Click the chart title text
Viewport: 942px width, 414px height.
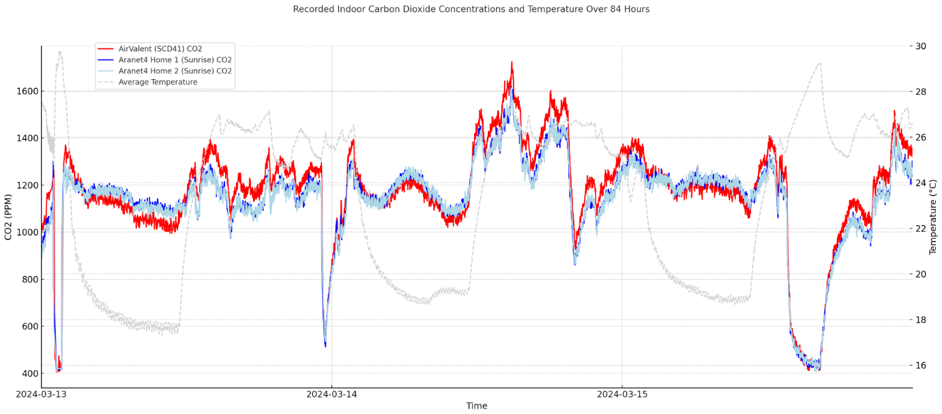[x=471, y=10]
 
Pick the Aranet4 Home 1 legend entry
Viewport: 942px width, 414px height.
[x=175, y=60]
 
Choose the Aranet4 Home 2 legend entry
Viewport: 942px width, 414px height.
[x=175, y=71]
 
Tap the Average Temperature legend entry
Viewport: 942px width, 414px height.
[x=158, y=83]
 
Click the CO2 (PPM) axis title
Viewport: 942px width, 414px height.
[x=9, y=217]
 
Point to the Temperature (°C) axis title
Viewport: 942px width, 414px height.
[x=932, y=217]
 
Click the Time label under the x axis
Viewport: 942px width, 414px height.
[x=476, y=406]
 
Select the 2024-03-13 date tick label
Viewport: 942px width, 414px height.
[x=41, y=394]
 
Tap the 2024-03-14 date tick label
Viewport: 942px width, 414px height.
[x=332, y=394]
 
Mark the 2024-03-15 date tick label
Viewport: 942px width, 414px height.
[x=621, y=394]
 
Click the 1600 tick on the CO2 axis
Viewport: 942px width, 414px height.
[x=25, y=91]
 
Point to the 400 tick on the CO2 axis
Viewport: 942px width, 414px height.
[x=27, y=374]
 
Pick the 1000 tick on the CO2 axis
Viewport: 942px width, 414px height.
[x=25, y=233]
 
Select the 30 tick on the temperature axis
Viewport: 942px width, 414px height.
[x=921, y=46]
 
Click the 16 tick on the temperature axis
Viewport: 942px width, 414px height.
[x=921, y=366]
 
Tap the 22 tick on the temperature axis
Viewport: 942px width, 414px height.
[x=921, y=228]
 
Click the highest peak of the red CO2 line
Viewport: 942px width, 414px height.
[x=512, y=62]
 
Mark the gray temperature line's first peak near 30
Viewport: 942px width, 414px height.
[x=60, y=51]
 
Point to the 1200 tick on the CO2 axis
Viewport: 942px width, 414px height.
[x=25, y=186]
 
